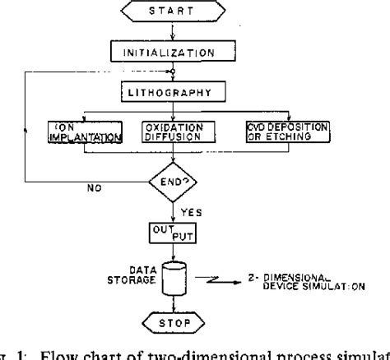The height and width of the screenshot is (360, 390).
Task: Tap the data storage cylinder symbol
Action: click(169, 277)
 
